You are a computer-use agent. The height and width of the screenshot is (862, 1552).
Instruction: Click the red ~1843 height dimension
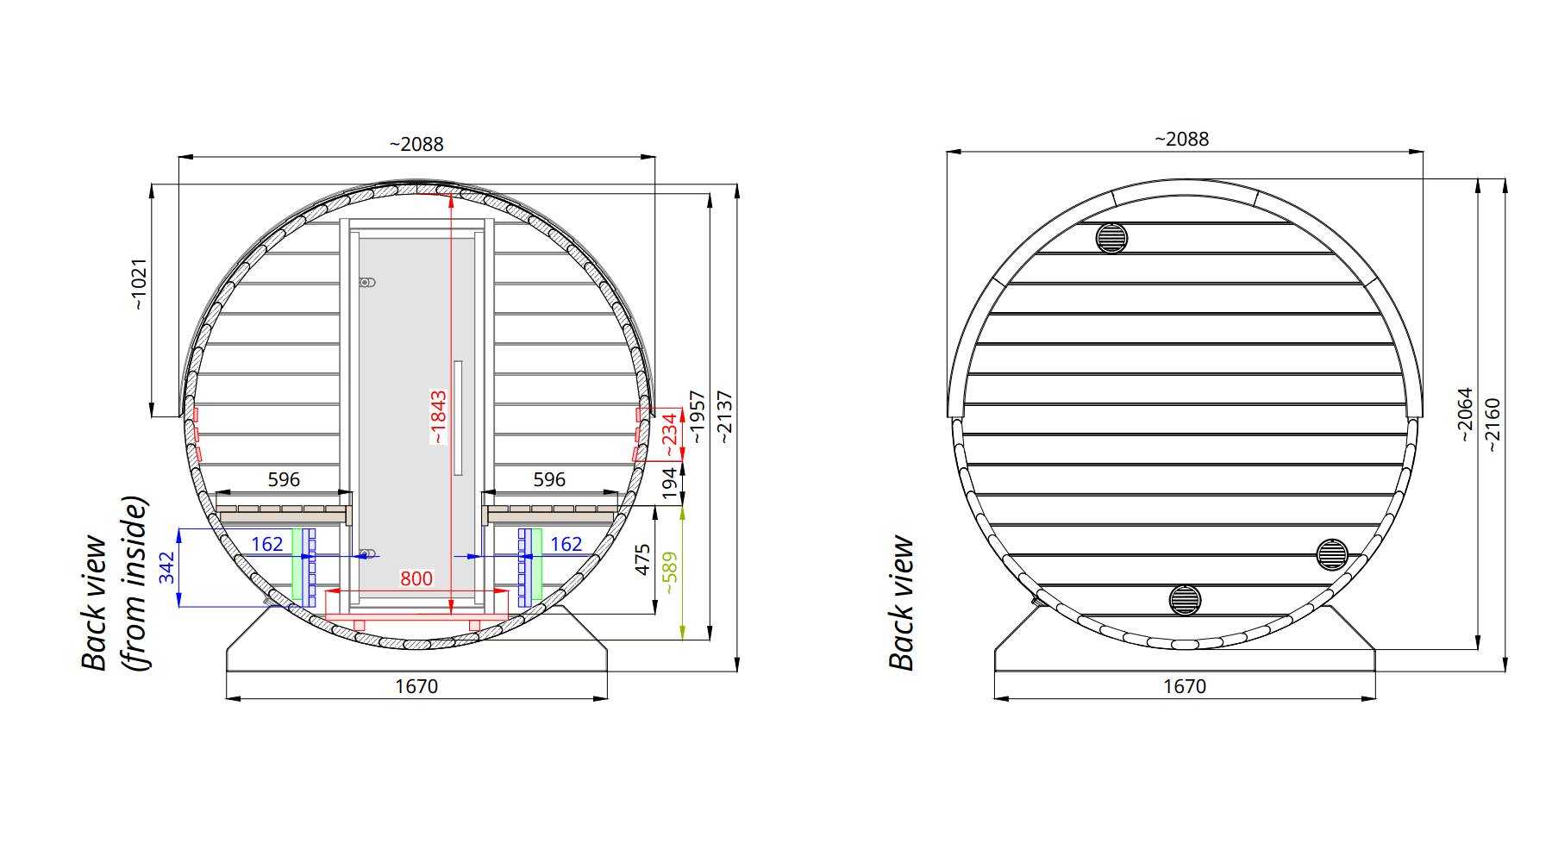pyautogui.click(x=438, y=417)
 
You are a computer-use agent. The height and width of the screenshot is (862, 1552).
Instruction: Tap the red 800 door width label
pyautogui.click(x=416, y=578)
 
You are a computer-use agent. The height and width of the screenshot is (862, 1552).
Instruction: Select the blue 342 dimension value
pyautogui.click(x=167, y=568)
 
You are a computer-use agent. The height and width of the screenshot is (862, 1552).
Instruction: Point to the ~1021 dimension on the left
pyautogui.click(x=139, y=284)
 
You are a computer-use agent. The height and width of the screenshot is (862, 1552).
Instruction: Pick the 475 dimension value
pyautogui.click(x=642, y=559)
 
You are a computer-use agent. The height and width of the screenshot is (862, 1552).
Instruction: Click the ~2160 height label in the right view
pyautogui.click(x=1493, y=419)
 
